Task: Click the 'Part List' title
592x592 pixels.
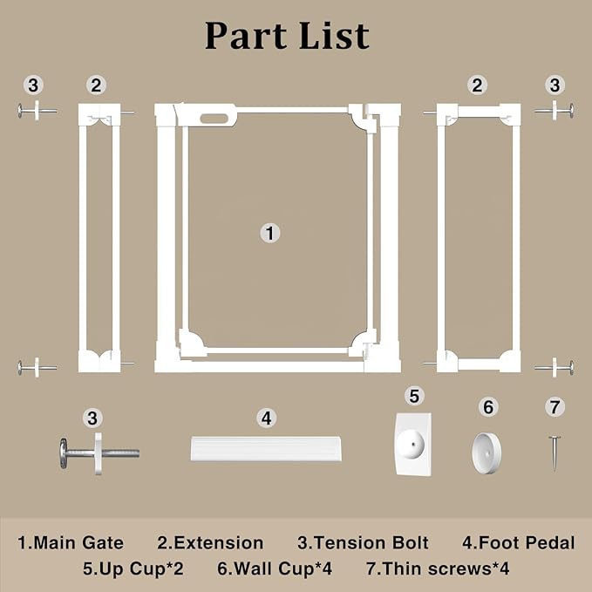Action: tap(287, 36)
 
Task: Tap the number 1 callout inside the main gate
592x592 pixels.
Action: tap(270, 233)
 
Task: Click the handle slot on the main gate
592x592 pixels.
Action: tap(214, 119)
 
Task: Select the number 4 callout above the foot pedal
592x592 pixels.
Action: tap(266, 418)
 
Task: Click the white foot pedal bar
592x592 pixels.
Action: tap(266, 449)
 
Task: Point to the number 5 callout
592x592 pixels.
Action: tap(414, 396)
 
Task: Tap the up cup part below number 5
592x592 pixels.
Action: tap(413, 443)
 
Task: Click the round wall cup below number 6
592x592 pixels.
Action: tap(487, 453)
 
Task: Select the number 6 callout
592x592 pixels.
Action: tap(488, 407)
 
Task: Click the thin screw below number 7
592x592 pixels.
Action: tap(555, 453)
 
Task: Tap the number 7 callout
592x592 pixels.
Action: tap(555, 407)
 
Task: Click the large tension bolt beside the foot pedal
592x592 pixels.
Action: tap(99, 453)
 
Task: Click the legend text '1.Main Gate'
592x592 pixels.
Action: tap(71, 543)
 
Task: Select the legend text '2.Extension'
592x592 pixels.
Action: tap(210, 543)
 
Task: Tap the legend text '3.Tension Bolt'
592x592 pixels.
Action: tap(363, 543)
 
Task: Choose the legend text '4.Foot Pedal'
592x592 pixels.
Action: tap(519, 543)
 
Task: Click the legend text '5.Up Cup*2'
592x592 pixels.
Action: tap(133, 568)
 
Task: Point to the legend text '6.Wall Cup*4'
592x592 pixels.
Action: tap(275, 568)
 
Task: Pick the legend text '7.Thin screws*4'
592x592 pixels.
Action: tap(438, 568)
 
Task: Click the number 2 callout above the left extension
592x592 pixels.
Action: tap(96, 85)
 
